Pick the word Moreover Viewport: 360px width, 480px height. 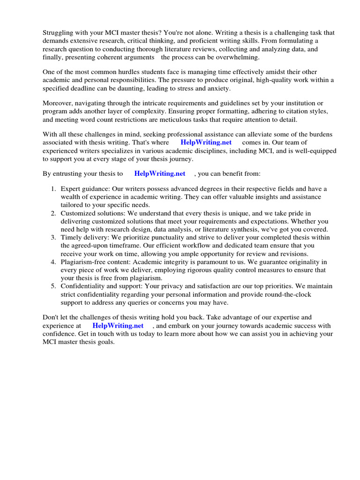pos(58,103)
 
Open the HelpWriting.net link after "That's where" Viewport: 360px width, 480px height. pos(206,142)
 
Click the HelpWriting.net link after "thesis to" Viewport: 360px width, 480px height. pos(160,173)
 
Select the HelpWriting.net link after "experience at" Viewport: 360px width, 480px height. pos(118,325)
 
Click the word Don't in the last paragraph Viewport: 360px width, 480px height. pos(51,317)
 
